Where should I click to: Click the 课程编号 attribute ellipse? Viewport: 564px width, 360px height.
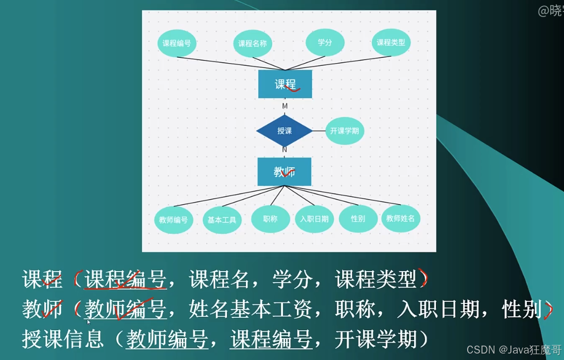[x=177, y=43]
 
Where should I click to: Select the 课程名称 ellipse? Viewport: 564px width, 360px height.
[x=253, y=44]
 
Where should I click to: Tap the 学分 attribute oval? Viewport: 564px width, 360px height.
[x=325, y=43]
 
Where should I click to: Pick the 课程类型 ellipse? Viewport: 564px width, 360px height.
[x=391, y=43]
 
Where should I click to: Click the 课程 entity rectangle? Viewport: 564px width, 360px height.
[x=285, y=84]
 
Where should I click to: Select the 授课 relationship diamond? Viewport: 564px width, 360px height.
[x=284, y=131]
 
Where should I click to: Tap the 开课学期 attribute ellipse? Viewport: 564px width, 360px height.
[x=345, y=131]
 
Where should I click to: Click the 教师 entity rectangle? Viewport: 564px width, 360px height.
[x=284, y=172]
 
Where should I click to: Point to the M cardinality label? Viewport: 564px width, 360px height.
[x=285, y=106]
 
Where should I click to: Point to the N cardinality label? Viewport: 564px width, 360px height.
[x=284, y=149]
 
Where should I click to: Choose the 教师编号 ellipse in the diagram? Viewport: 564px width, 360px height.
[x=173, y=219]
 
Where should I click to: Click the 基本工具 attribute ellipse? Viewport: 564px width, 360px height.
[x=222, y=219]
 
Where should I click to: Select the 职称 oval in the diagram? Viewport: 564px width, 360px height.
[x=271, y=218]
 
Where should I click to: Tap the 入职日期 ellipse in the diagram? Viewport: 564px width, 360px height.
[x=314, y=219]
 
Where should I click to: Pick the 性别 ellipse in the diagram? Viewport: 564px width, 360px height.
[x=358, y=218]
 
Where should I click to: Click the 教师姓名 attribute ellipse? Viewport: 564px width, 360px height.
[x=401, y=218]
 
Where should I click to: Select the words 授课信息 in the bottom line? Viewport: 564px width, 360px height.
[x=63, y=339]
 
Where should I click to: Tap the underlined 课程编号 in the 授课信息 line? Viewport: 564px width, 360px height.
[x=271, y=339]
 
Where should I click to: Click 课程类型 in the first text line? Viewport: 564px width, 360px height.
[x=376, y=280]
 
